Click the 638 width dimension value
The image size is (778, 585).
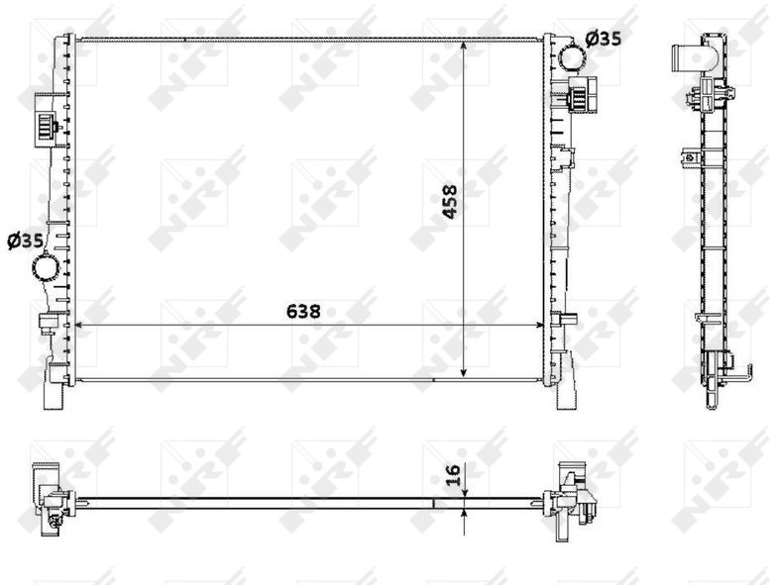(303, 312)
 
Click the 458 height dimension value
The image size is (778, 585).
(450, 202)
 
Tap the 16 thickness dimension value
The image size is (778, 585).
(454, 475)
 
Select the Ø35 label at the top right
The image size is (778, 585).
(603, 39)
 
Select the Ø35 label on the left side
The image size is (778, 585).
(26, 241)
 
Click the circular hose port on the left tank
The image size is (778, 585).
(46, 267)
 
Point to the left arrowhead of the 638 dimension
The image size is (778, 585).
(78, 326)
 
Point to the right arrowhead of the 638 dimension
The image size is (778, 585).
(539, 326)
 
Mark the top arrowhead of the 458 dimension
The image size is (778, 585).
(464, 46)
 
